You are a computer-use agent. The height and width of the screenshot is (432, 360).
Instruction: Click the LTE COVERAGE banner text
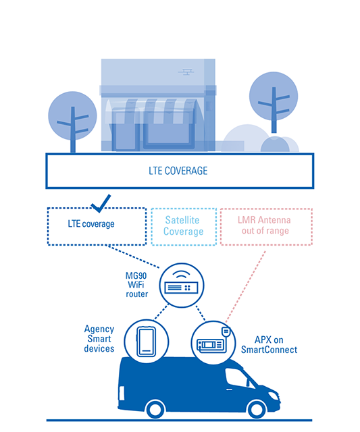coord(178,171)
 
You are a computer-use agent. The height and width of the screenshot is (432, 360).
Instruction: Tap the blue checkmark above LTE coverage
coord(101,205)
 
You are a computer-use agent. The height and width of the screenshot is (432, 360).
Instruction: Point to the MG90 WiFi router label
coord(136,285)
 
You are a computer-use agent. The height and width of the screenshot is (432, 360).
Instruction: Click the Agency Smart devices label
coord(99,339)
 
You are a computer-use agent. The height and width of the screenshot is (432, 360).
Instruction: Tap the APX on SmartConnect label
coord(269,345)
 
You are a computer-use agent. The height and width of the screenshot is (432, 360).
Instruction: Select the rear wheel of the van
coord(155,410)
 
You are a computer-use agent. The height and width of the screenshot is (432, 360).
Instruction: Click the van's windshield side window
coord(237,378)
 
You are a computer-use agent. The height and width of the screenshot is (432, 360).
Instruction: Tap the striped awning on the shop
coord(154,111)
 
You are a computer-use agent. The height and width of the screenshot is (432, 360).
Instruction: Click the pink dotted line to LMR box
coord(245,286)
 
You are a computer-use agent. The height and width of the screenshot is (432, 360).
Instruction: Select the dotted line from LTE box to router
coord(134,256)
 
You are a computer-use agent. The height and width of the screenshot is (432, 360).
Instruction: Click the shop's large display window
coord(169,129)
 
